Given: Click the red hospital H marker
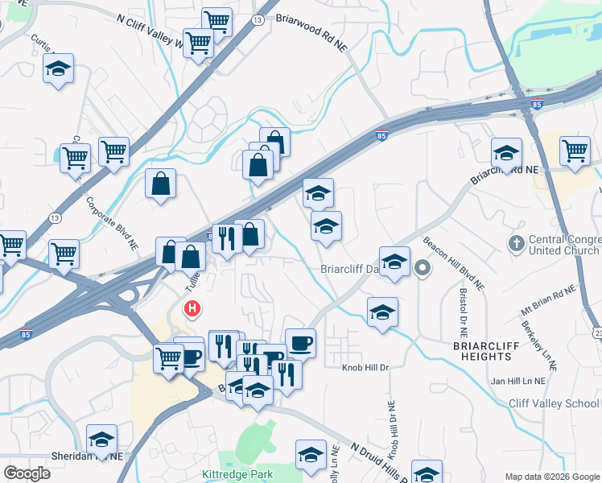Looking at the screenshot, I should [192, 308].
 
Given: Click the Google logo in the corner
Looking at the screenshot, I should [27, 473].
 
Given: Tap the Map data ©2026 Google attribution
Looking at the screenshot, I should [552, 477].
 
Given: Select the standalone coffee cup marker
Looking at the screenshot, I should [300, 343].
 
